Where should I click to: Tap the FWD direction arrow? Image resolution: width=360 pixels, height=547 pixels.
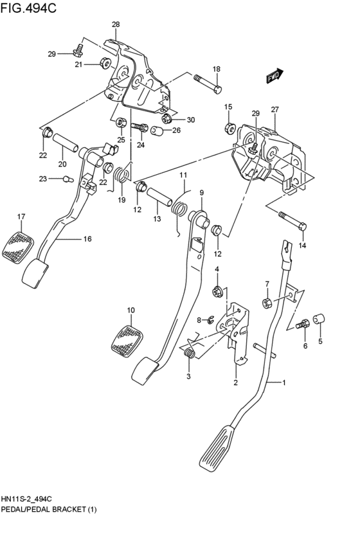[x=274, y=76]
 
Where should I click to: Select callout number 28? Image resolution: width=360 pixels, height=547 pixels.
[x=116, y=24]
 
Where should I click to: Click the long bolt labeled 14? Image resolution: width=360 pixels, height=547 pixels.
[x=293, y=221]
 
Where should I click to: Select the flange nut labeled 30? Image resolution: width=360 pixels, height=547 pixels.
[x=165, y=120]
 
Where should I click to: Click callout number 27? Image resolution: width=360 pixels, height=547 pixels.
[x=274, y=109]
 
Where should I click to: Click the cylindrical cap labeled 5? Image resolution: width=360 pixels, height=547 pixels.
[x=319, y=319]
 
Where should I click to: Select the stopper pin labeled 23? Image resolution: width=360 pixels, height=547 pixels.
[x=64, y=180]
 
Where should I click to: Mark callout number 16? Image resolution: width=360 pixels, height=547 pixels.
[x=87, y=239]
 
